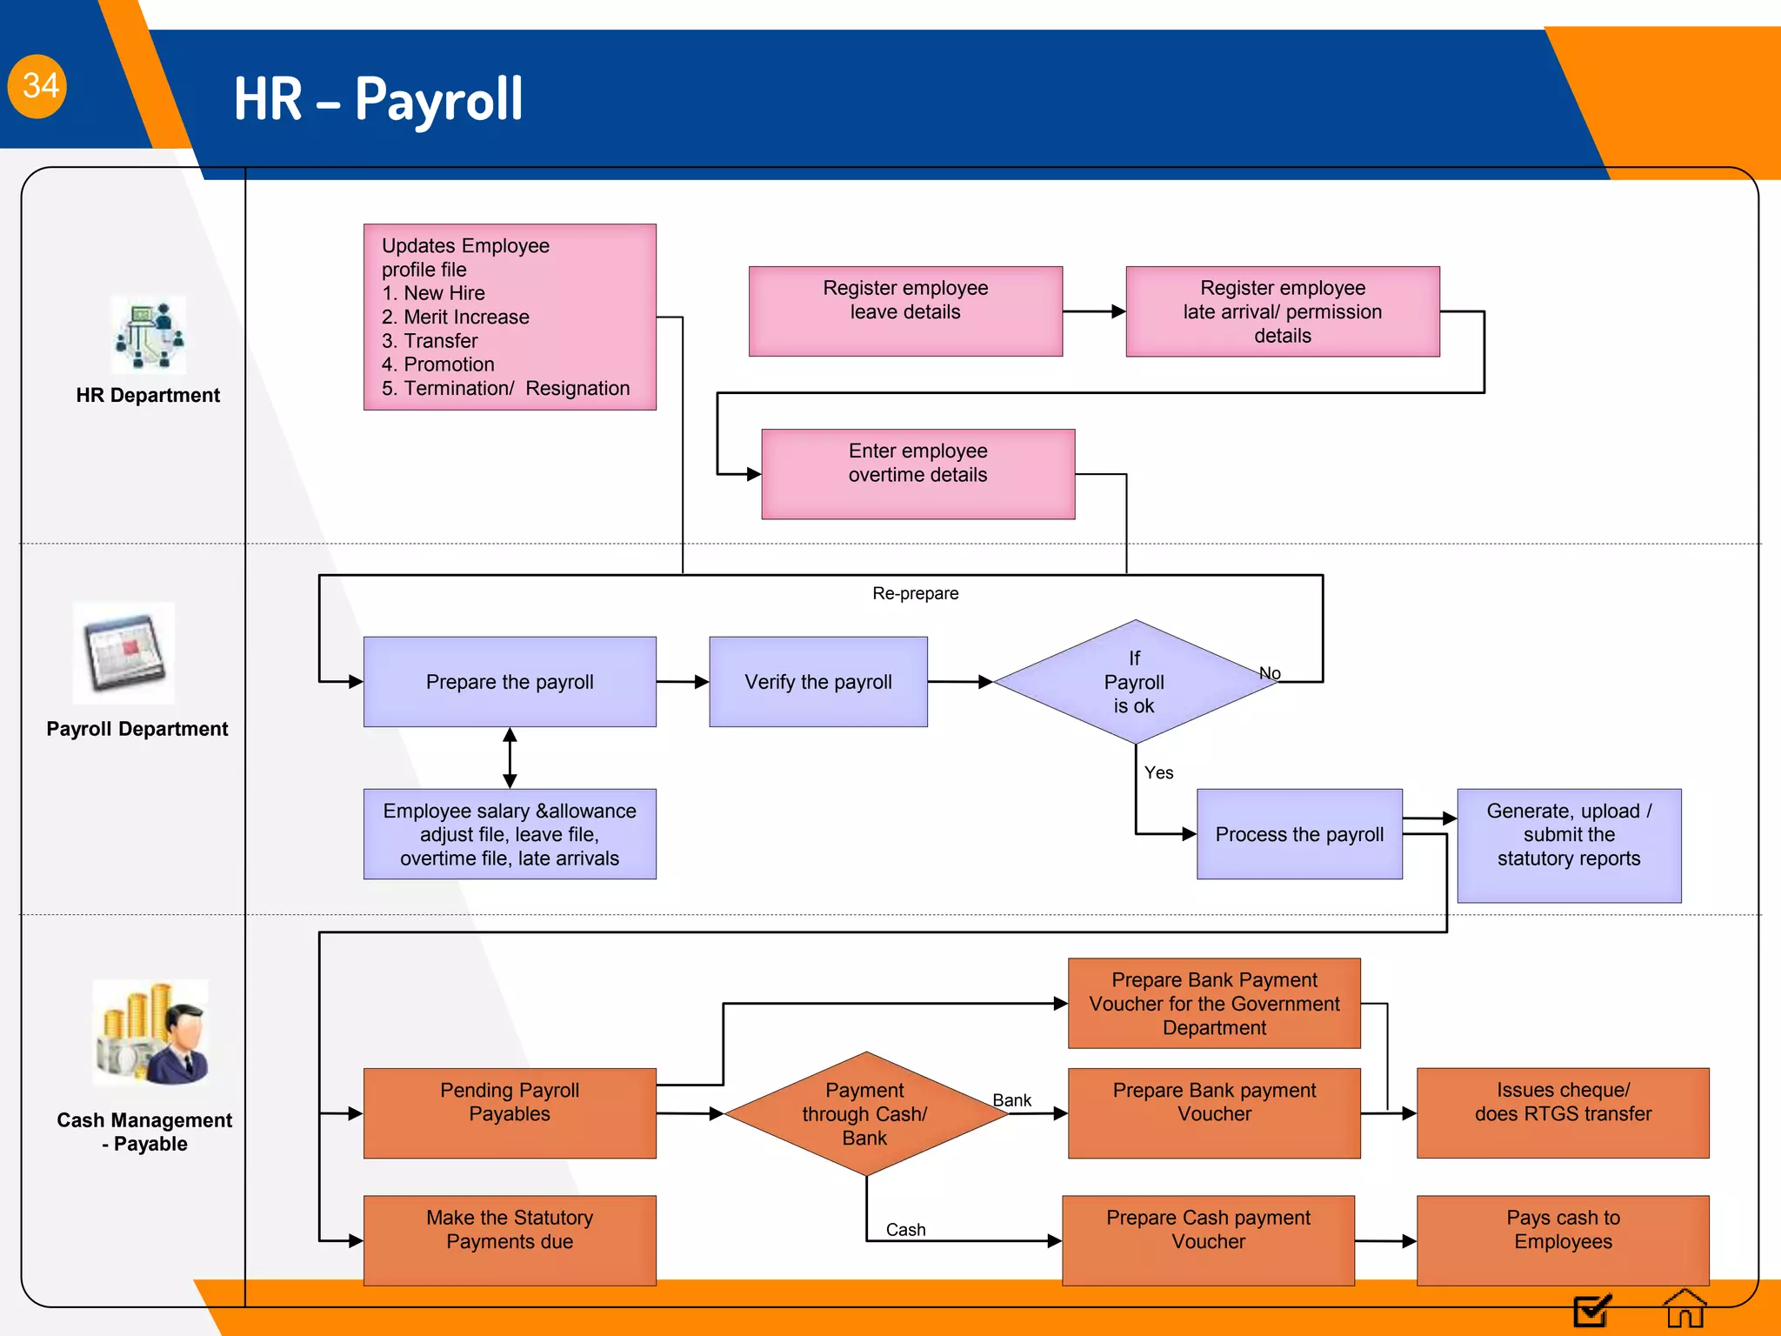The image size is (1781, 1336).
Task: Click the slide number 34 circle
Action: click(x=37, y=86)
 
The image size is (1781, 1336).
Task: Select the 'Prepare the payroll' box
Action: click(x=510, y=682)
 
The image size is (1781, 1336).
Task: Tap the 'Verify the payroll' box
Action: click(x=818, y=682)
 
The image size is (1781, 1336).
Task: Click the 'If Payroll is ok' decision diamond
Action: click(x=1135, y=682)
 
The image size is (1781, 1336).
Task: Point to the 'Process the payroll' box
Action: click(x=1299, y=834)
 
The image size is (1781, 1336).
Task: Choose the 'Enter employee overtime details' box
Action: click(x=918, y=474)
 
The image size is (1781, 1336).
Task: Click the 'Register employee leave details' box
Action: click(x=905, y=311)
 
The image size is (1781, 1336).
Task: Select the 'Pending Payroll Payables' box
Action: click(x=510, y=1113)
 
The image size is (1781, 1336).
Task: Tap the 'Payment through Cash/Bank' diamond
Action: click(x=865, y=1114)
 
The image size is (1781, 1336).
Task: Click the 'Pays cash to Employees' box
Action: click(x=1563, y=1240)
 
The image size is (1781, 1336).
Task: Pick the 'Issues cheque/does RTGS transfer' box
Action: click(x=1563, y=1113)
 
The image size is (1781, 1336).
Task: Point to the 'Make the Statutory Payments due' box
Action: click(x=510, y=1240)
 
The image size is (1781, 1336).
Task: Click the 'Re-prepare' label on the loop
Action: click(x=916, y=594)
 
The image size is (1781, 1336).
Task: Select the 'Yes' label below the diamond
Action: click(x=1158, y=773)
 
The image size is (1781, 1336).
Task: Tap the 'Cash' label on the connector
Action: click(x=905, y=1230)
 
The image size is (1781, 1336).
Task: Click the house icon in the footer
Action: click(x=1684, y=1309)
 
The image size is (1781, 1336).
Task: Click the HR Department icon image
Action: click(x=149, y=335)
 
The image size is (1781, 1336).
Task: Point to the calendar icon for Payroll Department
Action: click(x=123, y=652)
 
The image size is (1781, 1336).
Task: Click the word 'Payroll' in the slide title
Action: click(x=438, y=99)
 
